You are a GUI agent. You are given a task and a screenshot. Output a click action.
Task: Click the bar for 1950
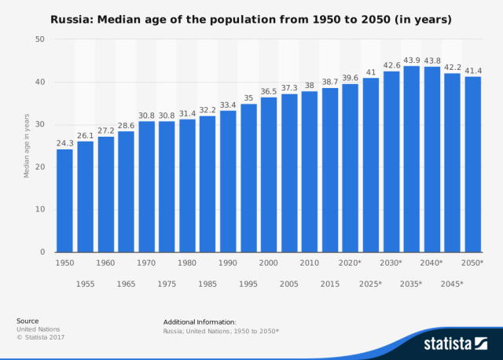[x=64, y=200]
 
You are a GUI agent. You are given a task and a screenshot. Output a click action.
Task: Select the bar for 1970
[x=146, y=186]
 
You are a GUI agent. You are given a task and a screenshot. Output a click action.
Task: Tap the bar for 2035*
[x=411, y=159]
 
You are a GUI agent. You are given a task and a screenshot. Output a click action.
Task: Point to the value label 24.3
[x=64, y=143]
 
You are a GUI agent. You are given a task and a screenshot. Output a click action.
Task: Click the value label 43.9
[x=411, y=60]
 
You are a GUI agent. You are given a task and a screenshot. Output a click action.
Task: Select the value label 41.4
[x=472, y=70]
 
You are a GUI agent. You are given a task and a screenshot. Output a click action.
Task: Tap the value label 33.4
[x=228, y=105]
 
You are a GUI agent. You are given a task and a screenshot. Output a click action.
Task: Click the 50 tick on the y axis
[x=40, y=39]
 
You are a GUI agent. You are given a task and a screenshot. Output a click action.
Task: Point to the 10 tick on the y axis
[x=40, y=210]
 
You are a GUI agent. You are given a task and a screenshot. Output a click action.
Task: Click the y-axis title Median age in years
[x=26, y=145]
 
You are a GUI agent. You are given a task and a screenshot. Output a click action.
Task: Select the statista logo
[x=456, y=343]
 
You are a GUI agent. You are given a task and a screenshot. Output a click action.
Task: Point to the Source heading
[x=28, y=321]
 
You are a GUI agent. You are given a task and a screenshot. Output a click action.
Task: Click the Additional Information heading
[x=200, y=321]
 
